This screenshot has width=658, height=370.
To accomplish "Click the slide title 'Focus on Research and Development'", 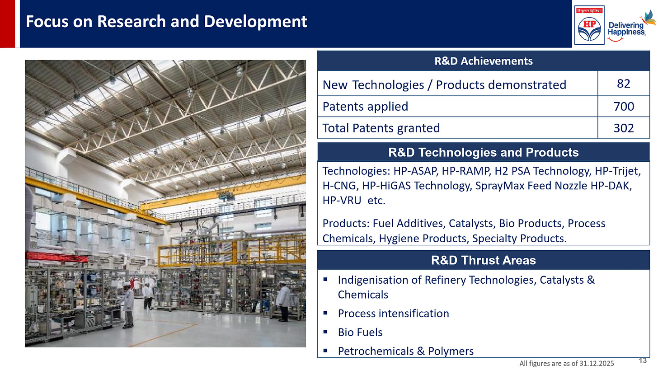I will [x=166, y=22].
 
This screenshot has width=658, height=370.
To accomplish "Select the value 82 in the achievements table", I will [x=623, y=84].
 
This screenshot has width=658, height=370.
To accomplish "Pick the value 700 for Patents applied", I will [x=623, y=106].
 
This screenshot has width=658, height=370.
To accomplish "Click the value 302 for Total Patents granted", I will [x=623, y=128].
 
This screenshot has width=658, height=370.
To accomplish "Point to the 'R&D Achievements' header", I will [x=483, y=61].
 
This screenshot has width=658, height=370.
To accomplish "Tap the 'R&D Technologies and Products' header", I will [x=483, y=152].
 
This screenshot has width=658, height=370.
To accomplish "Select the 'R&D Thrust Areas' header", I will [x=483, y=260].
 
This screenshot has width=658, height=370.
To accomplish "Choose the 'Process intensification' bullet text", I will [x=393, y=314].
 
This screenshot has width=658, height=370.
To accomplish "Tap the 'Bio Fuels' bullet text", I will [x=360, y=333].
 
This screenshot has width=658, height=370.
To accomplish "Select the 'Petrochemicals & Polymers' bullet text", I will [x=405, y=351].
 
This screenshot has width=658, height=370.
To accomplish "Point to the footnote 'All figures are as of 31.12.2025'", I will [x=573, y=363].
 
